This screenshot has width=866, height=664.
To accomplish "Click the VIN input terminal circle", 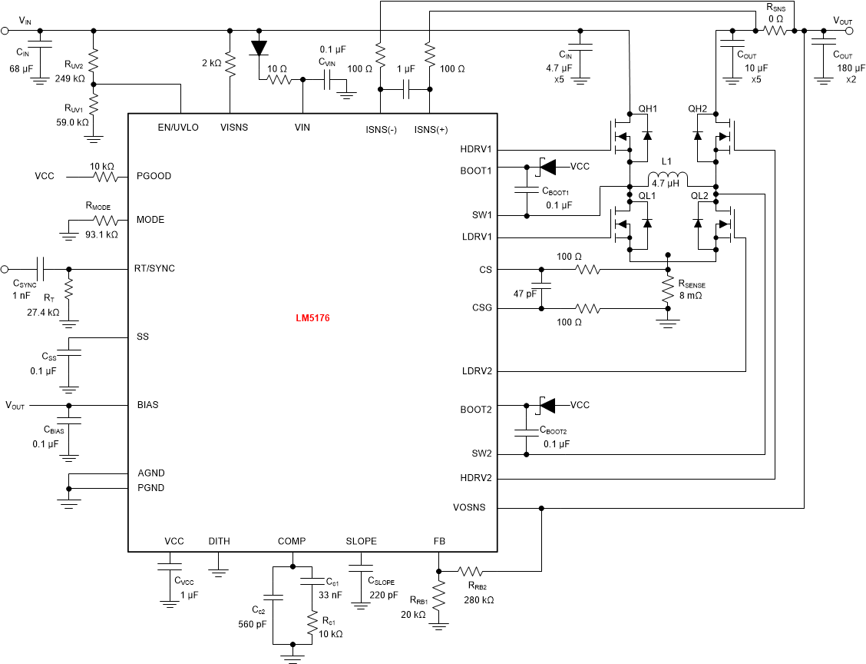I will (x=5, y=31).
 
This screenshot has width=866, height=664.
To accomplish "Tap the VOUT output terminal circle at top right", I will (x=849, y=31).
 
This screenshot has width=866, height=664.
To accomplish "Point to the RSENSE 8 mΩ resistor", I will (x=668, y=289).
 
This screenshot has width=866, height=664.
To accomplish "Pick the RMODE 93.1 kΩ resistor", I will (x=103, y=220).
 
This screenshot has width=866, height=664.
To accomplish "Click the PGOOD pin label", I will (x=154, y=176).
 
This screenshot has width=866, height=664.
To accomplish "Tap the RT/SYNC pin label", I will (x=155, y=268).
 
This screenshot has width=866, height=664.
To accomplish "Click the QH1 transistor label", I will (x=648, y=109).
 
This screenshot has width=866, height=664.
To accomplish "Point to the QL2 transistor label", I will (x=699, y=195).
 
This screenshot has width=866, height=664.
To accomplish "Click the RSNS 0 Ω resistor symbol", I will (x=774, y=31).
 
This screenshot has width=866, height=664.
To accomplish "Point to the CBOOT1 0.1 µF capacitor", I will (x=527, y=191).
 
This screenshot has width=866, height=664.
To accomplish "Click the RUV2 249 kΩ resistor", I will (x=94, y=60).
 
